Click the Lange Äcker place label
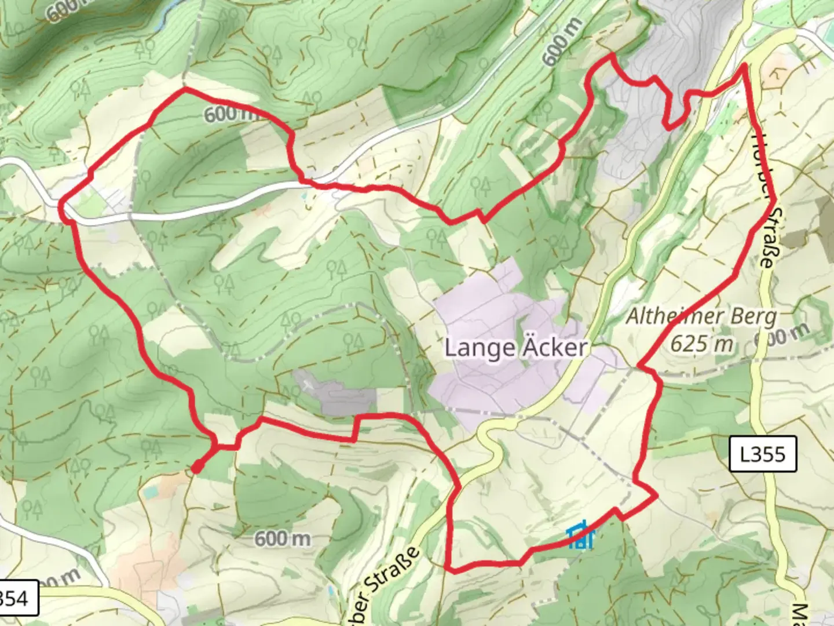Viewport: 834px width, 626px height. [x=515, y=348]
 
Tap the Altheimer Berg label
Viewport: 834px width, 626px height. [x=701, y=316]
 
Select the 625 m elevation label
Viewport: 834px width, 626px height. [x=701, y=343]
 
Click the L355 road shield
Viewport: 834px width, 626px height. [x=763, y=454]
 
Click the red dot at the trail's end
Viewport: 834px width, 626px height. [x=196, y=467]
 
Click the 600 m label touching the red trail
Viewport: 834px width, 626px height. [x=232, y=114]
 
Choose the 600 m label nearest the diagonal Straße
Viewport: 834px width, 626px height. [x=283, y=539]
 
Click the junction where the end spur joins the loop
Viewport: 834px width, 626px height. [x=217, y=446]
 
